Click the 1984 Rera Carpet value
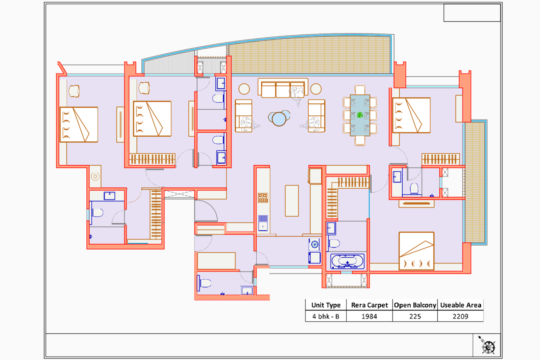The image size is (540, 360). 369,316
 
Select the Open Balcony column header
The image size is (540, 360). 415,305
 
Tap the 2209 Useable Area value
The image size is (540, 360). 460,316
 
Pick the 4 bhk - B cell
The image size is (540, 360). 326,316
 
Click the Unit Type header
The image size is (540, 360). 326,305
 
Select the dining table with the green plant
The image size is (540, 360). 360,115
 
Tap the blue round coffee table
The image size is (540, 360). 279,118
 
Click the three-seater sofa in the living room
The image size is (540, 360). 283,88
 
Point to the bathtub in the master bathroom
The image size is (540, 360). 347,261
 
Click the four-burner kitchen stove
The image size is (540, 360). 263,198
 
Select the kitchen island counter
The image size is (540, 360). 292,201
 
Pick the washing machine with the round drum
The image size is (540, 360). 315,244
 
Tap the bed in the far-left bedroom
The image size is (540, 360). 79,124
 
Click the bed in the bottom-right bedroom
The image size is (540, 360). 416,251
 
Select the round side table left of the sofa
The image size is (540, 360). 244,89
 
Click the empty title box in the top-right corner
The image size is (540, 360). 472,13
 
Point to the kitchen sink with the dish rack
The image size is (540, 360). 263,223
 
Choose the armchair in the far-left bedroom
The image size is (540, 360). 74,91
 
